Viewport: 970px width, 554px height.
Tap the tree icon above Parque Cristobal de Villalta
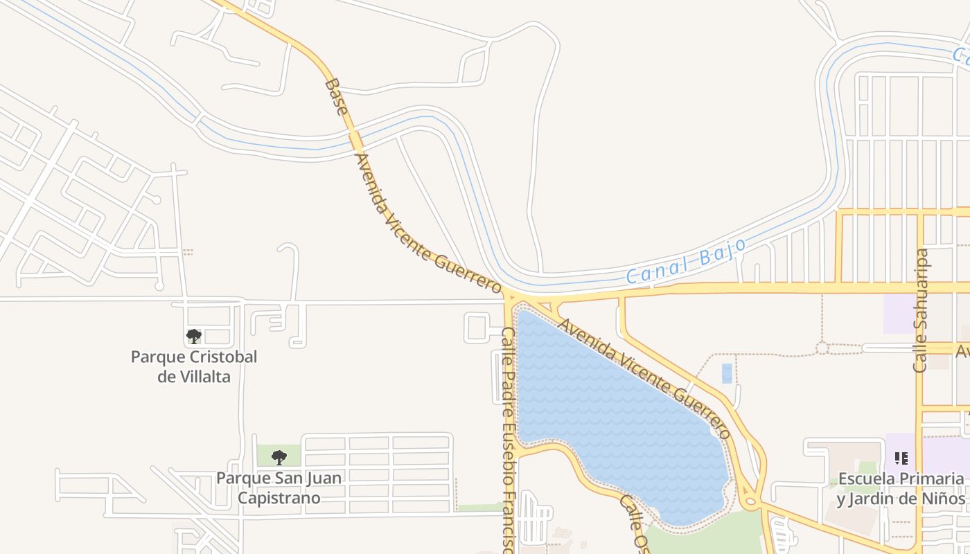coord(194,337)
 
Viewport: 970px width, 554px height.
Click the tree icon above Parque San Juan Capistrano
coord(279,457)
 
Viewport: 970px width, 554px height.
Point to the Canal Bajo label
coord(686,261)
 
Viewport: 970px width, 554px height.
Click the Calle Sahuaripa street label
coord(921,311)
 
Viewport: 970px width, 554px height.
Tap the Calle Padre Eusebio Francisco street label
coord(509,436)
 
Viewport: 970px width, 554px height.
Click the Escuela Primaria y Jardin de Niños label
coord(901,488)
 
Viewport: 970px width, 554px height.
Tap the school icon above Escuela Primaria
coord(901,458)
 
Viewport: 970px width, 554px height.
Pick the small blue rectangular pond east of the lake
coord(726,373)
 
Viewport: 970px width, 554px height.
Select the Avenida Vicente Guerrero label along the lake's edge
coord(644,377)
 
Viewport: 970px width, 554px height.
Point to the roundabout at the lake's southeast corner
coord(748,501)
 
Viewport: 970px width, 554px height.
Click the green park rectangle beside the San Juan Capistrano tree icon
coord(266,456)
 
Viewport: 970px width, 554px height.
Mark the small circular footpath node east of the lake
coord(822,348)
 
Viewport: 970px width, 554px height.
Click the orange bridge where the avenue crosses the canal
coord(355,141)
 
